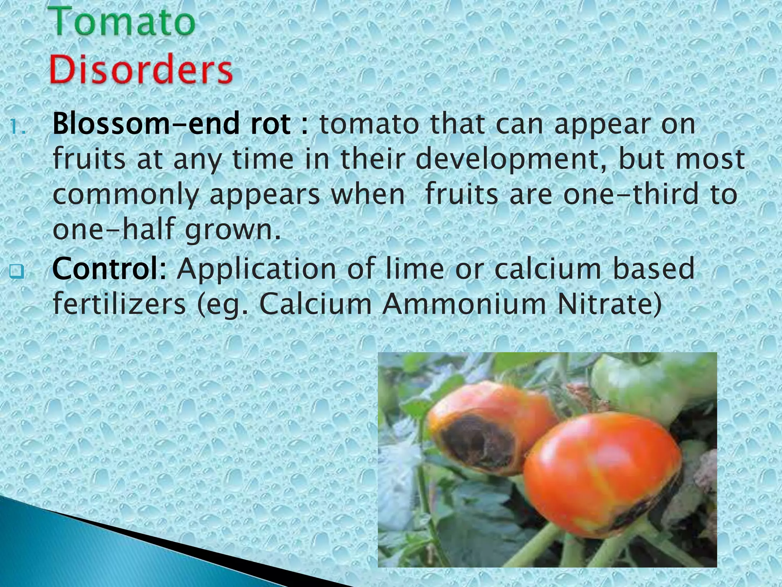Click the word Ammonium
(464, 305)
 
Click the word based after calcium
(654, 268)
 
